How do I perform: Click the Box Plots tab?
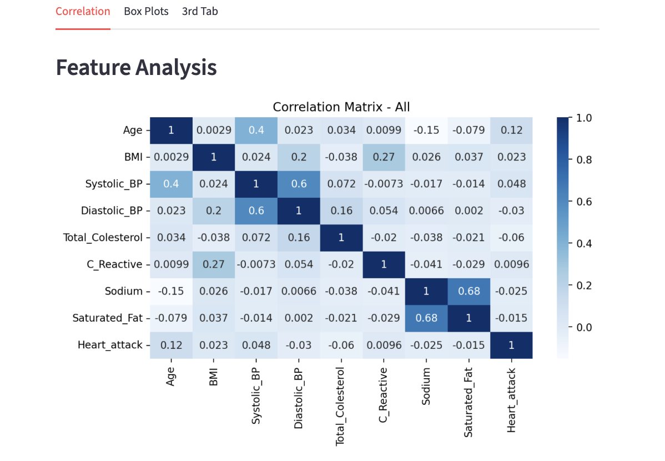tap(146, 11)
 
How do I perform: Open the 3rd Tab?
tap(200, 11)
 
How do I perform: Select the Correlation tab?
tap(83, 11)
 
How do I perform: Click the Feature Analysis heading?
tap(136, 67)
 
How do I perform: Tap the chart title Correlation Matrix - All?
tap(341, 107)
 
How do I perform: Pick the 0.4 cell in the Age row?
tap(256, 131)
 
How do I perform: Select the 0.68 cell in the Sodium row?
tap(468, 291)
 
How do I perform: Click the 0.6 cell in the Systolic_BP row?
tap(299, 184)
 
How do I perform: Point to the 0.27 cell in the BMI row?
tap(384, 157)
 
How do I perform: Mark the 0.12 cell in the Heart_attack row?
tap(171, 345)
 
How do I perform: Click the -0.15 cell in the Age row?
tap(426, 131)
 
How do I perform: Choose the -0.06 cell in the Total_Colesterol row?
tap(511, 238)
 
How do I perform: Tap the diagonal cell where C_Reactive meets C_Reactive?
tap(384, 264)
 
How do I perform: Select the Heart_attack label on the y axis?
tap(110, 345)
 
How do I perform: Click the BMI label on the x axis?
tap(214, 378)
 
